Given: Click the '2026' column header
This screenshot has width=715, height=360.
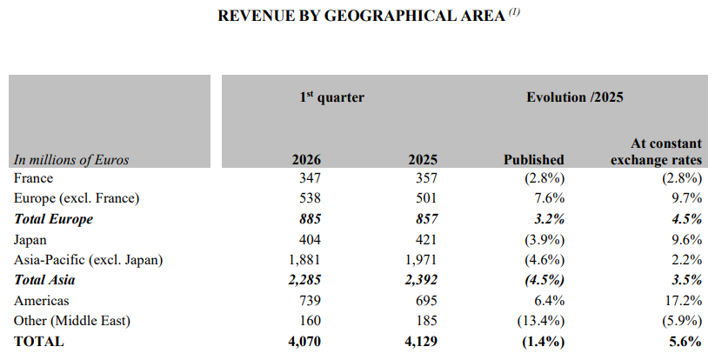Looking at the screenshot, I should (306, 160).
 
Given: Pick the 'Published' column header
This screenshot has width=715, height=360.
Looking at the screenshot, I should (534, 160).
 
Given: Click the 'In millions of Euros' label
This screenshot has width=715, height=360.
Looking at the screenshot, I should (71, 160).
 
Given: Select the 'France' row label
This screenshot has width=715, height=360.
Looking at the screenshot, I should (34, 178).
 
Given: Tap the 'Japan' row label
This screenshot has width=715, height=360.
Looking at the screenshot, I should (31, 240).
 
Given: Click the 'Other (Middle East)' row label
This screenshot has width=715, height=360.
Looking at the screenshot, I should (72, 322).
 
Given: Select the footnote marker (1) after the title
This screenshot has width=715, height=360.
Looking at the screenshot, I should (514, 11).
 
